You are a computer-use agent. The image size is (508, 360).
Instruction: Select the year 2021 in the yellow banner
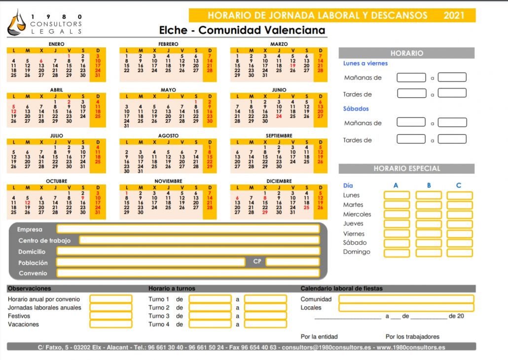click(454, 15)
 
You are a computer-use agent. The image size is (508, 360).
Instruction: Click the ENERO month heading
click(56, 44)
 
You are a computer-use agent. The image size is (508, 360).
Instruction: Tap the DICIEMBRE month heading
click(279, 181)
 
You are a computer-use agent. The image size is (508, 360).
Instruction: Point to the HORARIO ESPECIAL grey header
click(406, 169)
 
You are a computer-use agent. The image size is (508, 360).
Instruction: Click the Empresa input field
click(188, 229)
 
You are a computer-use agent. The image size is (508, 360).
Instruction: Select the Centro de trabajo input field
click(199, 240)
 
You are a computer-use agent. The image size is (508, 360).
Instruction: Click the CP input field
click(292, 262)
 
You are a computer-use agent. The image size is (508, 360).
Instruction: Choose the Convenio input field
click(188, 273)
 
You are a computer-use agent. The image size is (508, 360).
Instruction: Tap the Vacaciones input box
click(111, 324)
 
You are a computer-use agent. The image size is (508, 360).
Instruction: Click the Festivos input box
click(111, 316)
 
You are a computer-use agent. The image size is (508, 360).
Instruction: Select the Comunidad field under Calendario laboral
click(406, 299)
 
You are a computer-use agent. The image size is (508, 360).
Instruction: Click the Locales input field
click(406, 307)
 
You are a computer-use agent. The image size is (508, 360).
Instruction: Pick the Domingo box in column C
click(460, 252)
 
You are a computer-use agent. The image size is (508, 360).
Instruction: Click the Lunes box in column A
click(397, 195)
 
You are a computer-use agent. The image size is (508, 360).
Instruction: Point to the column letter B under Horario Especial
click(429, 185)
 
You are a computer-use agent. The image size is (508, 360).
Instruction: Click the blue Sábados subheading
click(356, 108)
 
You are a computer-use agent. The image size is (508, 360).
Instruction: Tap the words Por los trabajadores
click(412, 337)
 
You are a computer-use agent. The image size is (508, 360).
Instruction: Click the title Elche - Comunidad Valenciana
click(242, 30)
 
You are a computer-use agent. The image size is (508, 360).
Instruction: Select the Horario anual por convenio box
click(111, 299)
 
